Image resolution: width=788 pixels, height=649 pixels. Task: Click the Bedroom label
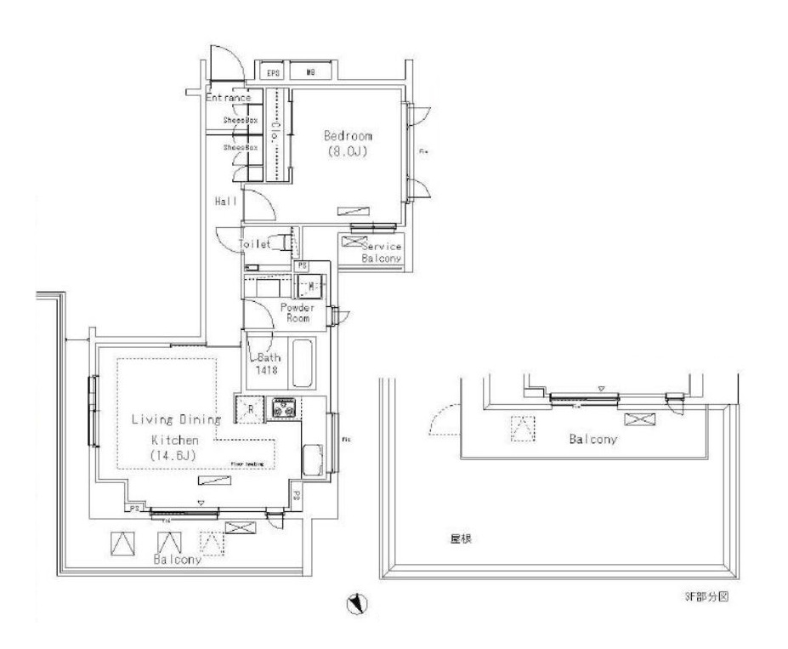click(347, 136)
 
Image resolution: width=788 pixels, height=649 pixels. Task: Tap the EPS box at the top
click(274, 74)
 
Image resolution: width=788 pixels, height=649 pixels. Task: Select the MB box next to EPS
click(311, 74)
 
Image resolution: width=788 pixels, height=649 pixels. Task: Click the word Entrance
click(228, 98)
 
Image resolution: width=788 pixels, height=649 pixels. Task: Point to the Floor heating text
click(247, 464)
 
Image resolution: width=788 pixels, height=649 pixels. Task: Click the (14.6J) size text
click(173, 457)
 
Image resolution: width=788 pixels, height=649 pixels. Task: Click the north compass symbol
click(358, 605)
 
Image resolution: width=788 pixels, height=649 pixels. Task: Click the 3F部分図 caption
click(706, 597)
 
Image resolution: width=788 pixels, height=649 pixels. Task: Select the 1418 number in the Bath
click(266, 371)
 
